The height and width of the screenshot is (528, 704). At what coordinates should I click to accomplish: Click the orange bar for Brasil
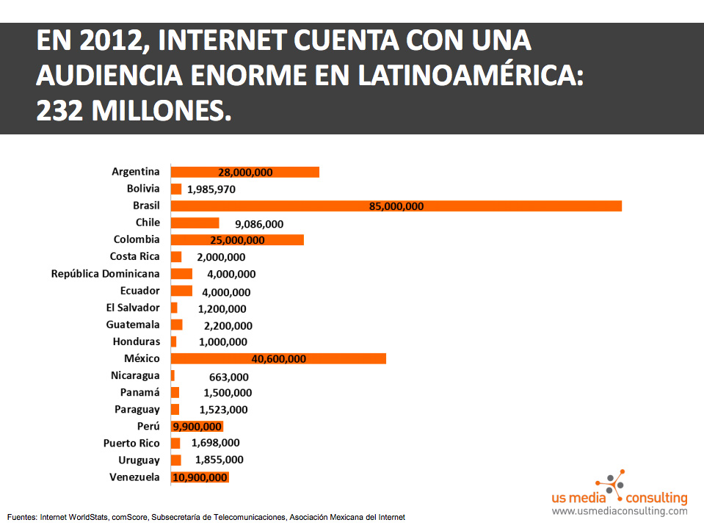pos(396,206)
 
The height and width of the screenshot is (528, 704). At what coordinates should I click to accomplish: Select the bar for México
pos(278,358)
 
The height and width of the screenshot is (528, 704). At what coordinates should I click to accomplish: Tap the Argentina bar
pos(245,172)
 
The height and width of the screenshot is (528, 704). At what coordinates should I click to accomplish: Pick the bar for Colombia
pos(237,239)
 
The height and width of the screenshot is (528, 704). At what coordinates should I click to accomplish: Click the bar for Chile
pos(195,223)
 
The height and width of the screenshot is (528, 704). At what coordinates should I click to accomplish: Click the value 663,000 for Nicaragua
pos(228,377)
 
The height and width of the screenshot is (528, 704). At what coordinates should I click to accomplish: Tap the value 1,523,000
pos(223,410)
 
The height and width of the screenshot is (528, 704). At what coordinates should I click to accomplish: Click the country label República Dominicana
pos(105,274)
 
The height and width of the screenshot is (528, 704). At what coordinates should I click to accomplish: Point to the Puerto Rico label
pos(131,443)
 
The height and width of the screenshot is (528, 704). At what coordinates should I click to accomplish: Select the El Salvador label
pos(133,308)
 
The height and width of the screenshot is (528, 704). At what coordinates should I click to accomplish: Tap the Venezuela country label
pos(134,477)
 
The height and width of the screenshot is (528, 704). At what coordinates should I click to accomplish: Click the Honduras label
pos(136,341)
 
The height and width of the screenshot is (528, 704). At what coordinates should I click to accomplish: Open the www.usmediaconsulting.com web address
pos(620,511)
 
